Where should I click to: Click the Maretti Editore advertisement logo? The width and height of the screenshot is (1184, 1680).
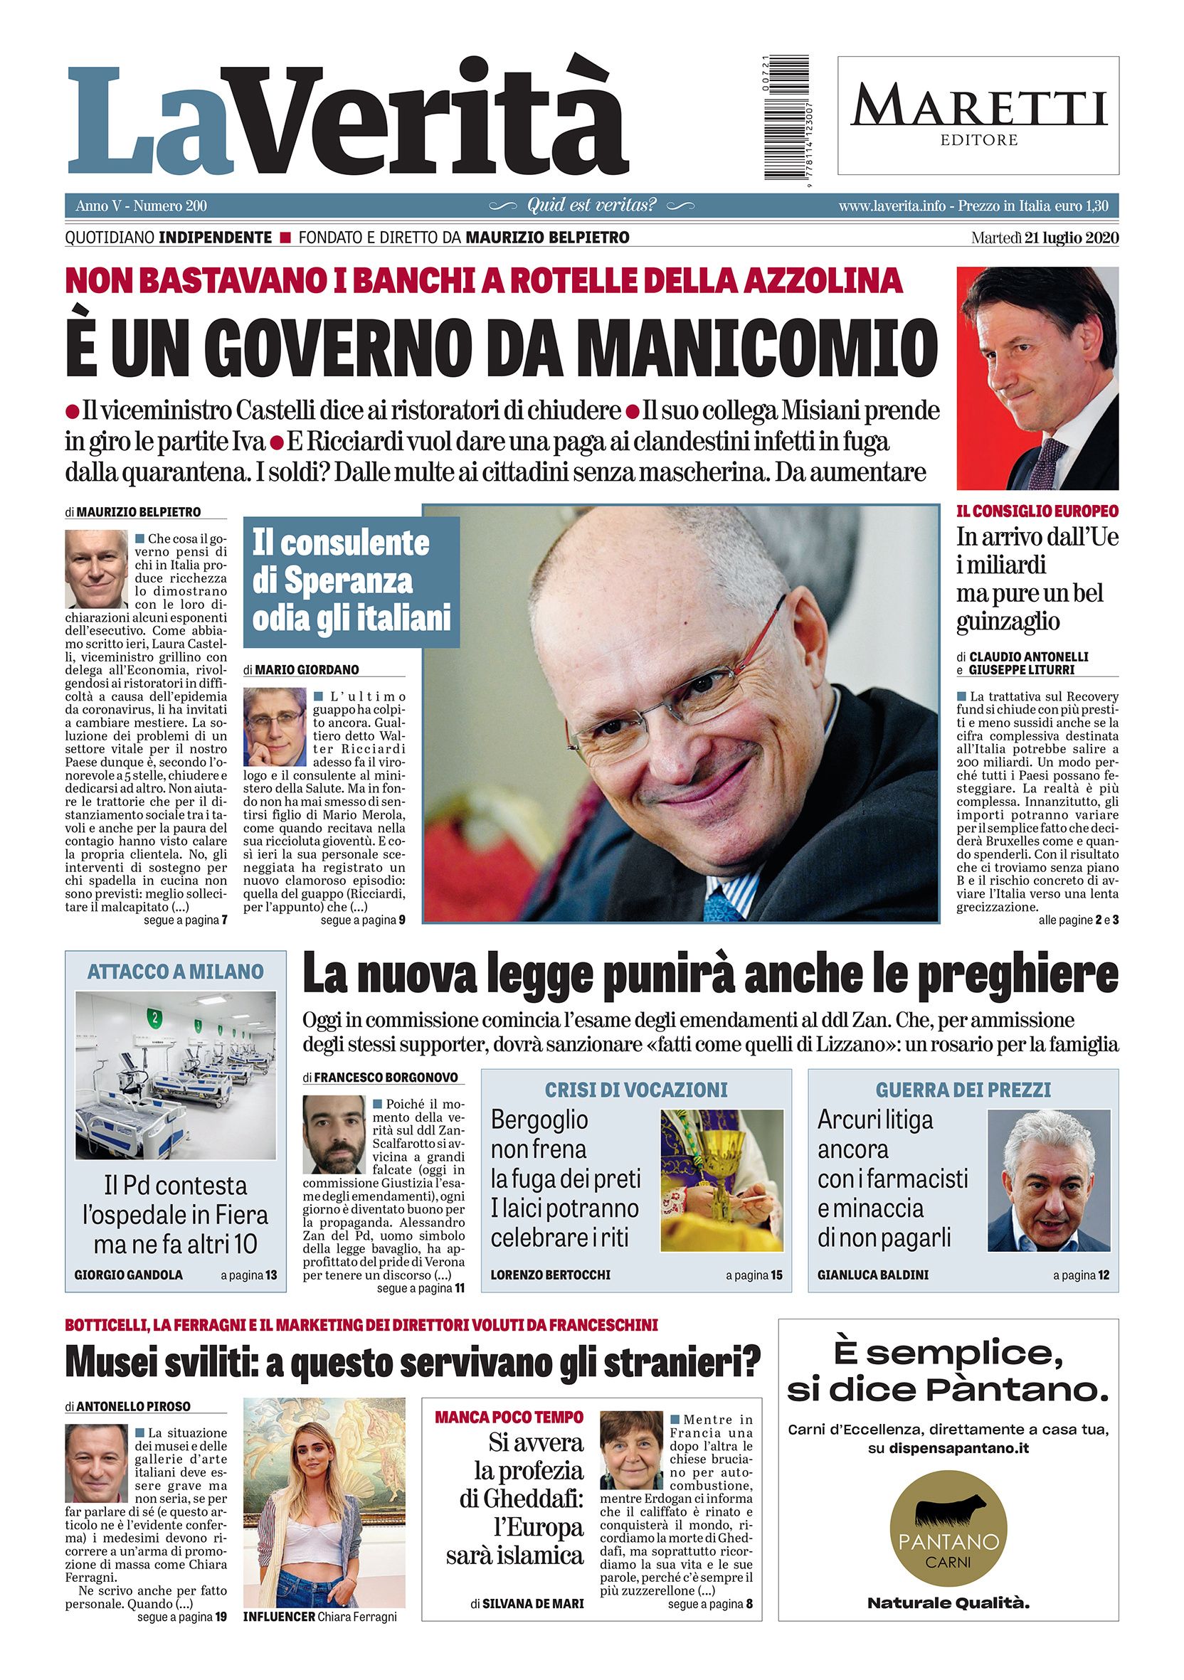[978, 116]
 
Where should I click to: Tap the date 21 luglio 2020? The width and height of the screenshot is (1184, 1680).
[1065, 237]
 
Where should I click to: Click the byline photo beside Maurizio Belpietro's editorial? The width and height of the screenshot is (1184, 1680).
[96, 569]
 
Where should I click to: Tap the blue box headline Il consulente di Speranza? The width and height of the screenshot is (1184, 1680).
[351, 581]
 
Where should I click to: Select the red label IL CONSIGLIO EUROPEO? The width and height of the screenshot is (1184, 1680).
[1037, 511]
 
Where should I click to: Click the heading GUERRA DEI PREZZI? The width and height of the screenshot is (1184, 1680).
[962, 1090]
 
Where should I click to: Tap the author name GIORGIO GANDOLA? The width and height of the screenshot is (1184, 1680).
[129, 1275]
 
